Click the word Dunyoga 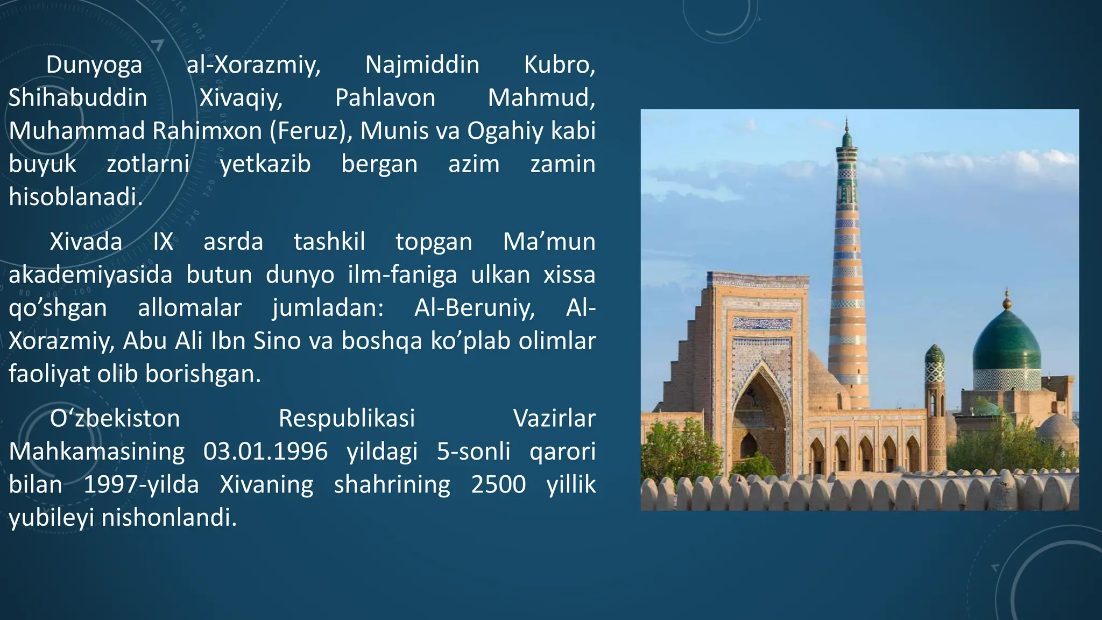coord(94,66)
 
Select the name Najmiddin coord(422,66)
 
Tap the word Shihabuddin coord(78,98)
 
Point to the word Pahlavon coord(385,98)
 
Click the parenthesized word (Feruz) coord(310,131)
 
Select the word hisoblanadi coord(76,197)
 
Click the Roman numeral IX coord(163,242)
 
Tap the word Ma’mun coord(549,242)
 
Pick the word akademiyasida coord(90,275)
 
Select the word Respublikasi coord(347,419)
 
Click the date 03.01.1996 coord(265,452)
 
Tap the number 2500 coord(498,484)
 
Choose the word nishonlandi coord(169,518)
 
